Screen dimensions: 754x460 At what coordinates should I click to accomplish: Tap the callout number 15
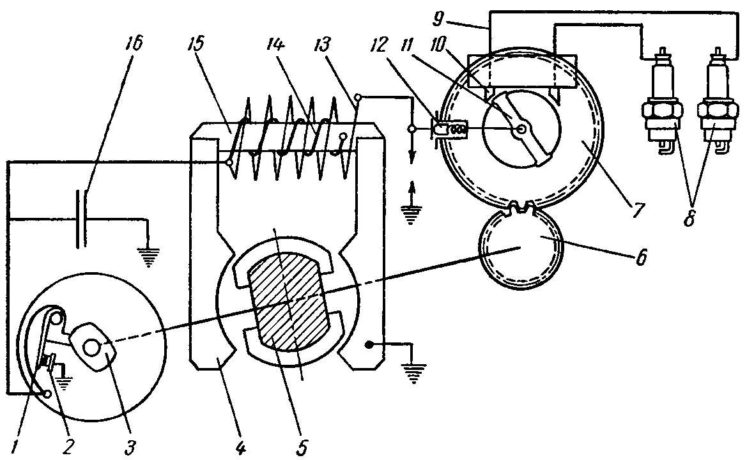tap(196, 43)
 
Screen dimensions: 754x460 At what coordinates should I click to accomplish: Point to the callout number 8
tap(689, 218)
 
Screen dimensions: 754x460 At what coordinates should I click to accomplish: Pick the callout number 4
tap(240, 447)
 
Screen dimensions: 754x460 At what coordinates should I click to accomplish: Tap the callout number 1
tap(15, 447)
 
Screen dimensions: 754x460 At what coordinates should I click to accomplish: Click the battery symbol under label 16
tap(82, 218)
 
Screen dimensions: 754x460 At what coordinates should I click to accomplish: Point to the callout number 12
tap(379, 44)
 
